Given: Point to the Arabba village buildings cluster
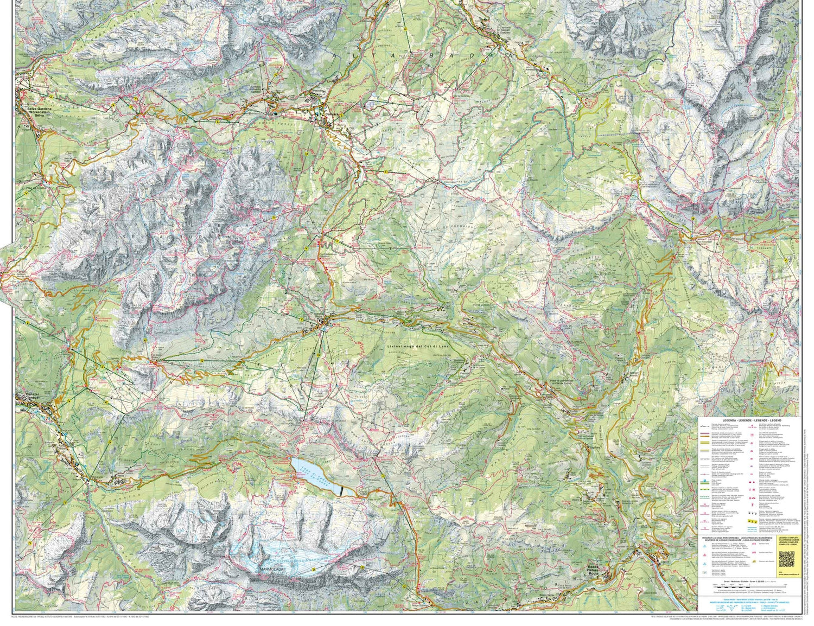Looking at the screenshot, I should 324,324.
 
